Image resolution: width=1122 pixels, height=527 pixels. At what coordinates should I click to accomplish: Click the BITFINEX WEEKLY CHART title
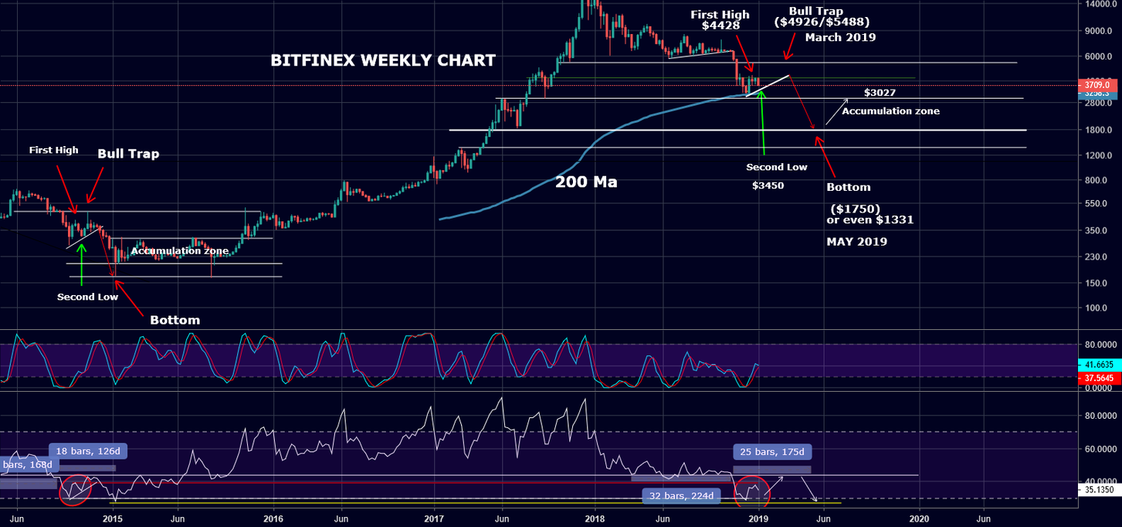click(383, 60)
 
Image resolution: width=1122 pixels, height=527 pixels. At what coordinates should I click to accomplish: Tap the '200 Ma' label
click(586, 183)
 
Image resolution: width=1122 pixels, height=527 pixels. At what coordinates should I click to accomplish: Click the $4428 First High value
click(720, 25)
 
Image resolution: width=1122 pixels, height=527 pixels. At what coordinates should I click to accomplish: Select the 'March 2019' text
click(840, 37)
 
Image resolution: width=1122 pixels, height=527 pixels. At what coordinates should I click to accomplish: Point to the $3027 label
click(880, 93)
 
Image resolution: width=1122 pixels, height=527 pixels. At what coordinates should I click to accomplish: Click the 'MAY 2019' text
click(856, 242)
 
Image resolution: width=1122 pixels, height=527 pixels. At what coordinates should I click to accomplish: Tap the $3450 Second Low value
click(768, 185)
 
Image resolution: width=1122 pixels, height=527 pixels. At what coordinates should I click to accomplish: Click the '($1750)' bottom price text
click(853, 209)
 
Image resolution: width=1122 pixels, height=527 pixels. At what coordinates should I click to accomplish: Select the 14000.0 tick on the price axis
click(1100, 4)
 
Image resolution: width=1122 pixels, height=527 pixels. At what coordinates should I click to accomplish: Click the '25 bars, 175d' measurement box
click(771, 451)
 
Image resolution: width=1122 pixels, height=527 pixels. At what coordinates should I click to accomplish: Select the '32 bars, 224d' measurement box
click(681, 495)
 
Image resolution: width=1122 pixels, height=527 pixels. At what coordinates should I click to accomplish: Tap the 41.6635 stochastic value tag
click(1100, 363)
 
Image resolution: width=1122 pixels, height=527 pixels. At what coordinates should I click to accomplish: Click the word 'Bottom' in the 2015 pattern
click(175, 320)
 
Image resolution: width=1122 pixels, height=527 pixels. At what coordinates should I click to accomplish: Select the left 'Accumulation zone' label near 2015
click(179, 250)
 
